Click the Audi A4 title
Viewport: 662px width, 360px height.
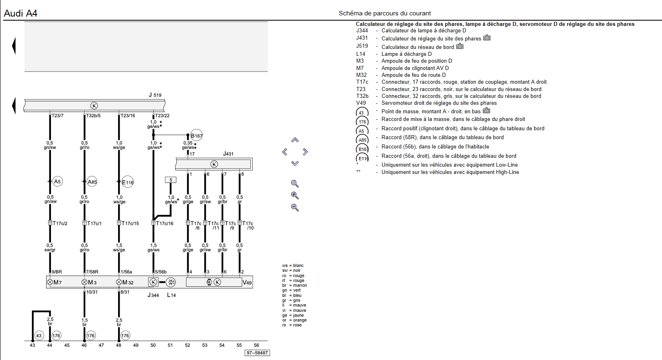click(x=20, y=13)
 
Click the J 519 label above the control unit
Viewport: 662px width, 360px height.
click(x=155, y=95)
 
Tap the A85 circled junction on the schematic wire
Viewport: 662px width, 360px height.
click(x=92, y=182)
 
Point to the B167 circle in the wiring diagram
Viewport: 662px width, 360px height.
click(x=197, y=136)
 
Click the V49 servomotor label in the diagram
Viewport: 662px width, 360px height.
click(x=247, y=283)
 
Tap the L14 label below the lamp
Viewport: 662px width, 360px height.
click(x=171, y=295)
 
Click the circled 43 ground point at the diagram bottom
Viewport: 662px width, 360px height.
click(x=39, y=335)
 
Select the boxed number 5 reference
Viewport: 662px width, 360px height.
click(x=171, y=180)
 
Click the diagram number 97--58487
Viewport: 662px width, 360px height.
click(x=257, y=353)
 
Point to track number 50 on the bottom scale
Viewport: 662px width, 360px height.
click(x=153, y=345)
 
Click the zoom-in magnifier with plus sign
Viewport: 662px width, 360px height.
click(x=295, y=195)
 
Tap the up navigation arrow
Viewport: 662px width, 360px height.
click(x=295, y=140)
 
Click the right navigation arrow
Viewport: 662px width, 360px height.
click(x=305, y=152)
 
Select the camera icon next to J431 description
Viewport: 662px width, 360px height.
click(x=487, y=38)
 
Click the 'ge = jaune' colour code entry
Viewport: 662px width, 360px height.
click(x=293, y=315)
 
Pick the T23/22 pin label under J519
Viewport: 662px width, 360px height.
click(x=162, y=116)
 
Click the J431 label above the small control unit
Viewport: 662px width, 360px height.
click(x=228, y=154)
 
